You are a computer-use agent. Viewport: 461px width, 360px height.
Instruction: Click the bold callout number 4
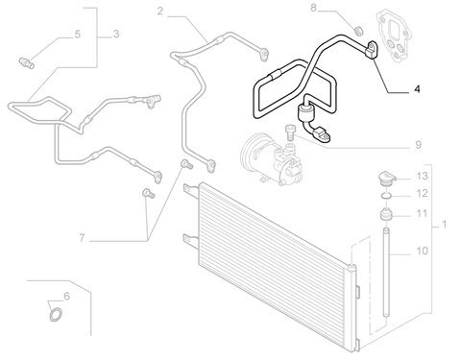(x=417, y=88)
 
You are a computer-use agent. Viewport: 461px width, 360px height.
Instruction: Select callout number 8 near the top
(x=313, y=8)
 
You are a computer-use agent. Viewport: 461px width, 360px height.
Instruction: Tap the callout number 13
(x=422, y=176)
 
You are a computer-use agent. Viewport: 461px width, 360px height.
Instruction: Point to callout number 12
(x=422, y=193)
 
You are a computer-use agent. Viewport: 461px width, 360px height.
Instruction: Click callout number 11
(x=422, y=213)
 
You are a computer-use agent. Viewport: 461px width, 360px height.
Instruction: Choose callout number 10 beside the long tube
(x=422, y=251)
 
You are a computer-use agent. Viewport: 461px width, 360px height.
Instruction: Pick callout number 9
(x=418, y=145)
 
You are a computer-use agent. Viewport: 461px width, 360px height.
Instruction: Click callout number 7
(x=82, y=238)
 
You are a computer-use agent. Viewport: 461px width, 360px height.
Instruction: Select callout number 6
(x=66, y=296)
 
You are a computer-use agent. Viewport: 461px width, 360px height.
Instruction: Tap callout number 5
(x=78, y=35)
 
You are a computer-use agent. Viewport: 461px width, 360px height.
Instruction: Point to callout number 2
(x=160, y=12)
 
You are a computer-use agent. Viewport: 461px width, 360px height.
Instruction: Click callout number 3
(x=116, y=34)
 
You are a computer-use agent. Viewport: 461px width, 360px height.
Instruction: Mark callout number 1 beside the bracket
(x=444, y=225)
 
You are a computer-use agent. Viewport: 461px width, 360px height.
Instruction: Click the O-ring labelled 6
(x=52, y=316)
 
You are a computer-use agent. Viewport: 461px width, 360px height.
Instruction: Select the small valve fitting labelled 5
(x=27, y=62)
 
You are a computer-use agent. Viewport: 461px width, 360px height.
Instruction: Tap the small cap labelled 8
(x=360, y=31)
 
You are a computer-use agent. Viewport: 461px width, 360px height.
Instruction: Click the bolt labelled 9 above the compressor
(x=290, y=132)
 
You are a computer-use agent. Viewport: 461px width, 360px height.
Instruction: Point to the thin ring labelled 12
(x=386, y=195)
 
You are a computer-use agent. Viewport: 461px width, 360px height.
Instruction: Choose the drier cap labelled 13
(x=386, y=179)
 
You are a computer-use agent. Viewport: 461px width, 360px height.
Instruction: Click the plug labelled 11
(x=386, y=214)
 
